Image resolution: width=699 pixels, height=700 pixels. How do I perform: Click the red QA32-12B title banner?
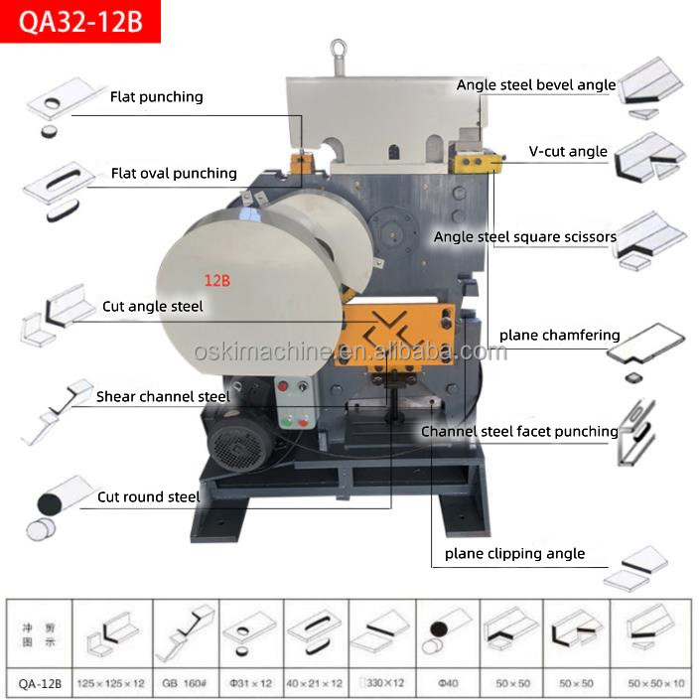coord(79,20)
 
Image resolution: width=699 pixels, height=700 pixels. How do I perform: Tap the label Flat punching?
coord(156,97)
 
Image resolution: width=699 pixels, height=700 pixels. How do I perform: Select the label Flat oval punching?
coord(174,174)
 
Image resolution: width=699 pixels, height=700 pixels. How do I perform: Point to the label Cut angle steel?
coord(152,307)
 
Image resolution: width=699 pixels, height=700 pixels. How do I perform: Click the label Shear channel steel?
coord(163,397)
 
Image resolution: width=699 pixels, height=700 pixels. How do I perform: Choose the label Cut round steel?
coord(148,496)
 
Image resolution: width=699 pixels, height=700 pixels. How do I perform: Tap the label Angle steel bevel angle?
coord(536,85)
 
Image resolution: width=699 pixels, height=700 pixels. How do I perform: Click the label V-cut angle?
coord(568,152)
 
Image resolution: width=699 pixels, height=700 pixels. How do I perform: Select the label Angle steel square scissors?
coord(525,237)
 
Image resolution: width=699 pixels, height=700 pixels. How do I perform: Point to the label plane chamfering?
coord(559,336)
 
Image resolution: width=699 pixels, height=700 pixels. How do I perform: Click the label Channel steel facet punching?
coord(519,432)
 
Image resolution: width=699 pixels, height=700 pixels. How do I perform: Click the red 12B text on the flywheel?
coord(217,281)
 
